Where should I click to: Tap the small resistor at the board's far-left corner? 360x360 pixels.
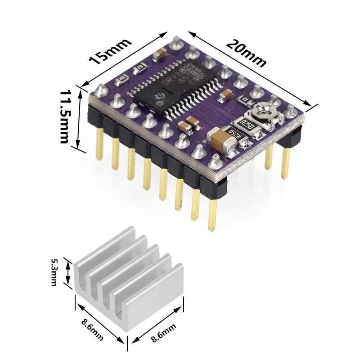coord(121,81)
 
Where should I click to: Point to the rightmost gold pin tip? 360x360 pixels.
coord(285,175)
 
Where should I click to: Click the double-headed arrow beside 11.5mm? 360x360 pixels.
coord(80,120)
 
